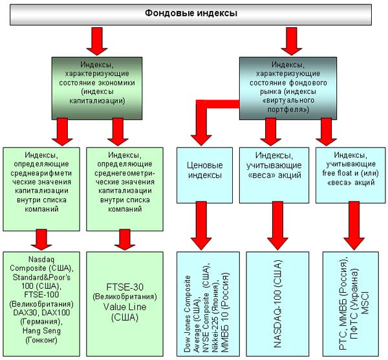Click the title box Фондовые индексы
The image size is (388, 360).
[191, 14]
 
